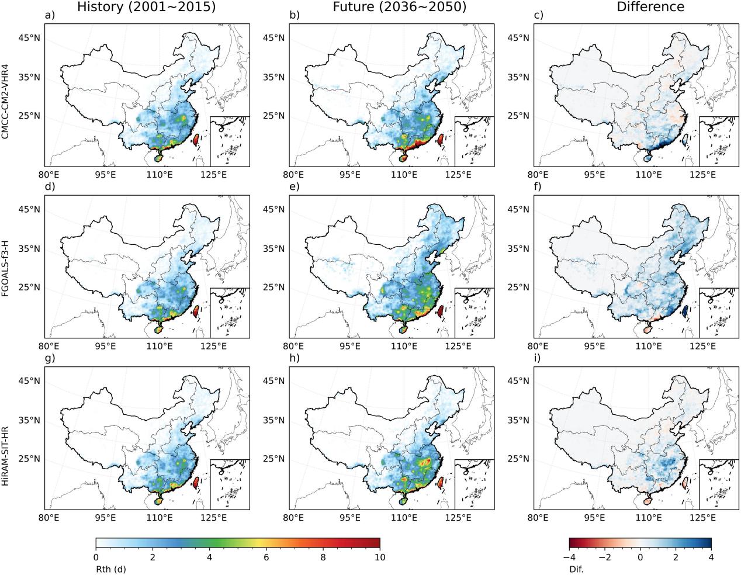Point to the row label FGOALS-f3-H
coord(5,266)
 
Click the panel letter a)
coord(50,16)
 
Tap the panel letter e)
coord(295,187)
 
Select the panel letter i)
coord(538,358)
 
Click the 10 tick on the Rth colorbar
coord(380,557)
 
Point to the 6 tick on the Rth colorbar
coord(266,557)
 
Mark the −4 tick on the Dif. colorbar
coord(569,557)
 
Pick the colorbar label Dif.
coord(576,569)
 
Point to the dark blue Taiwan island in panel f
coord(685,311)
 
